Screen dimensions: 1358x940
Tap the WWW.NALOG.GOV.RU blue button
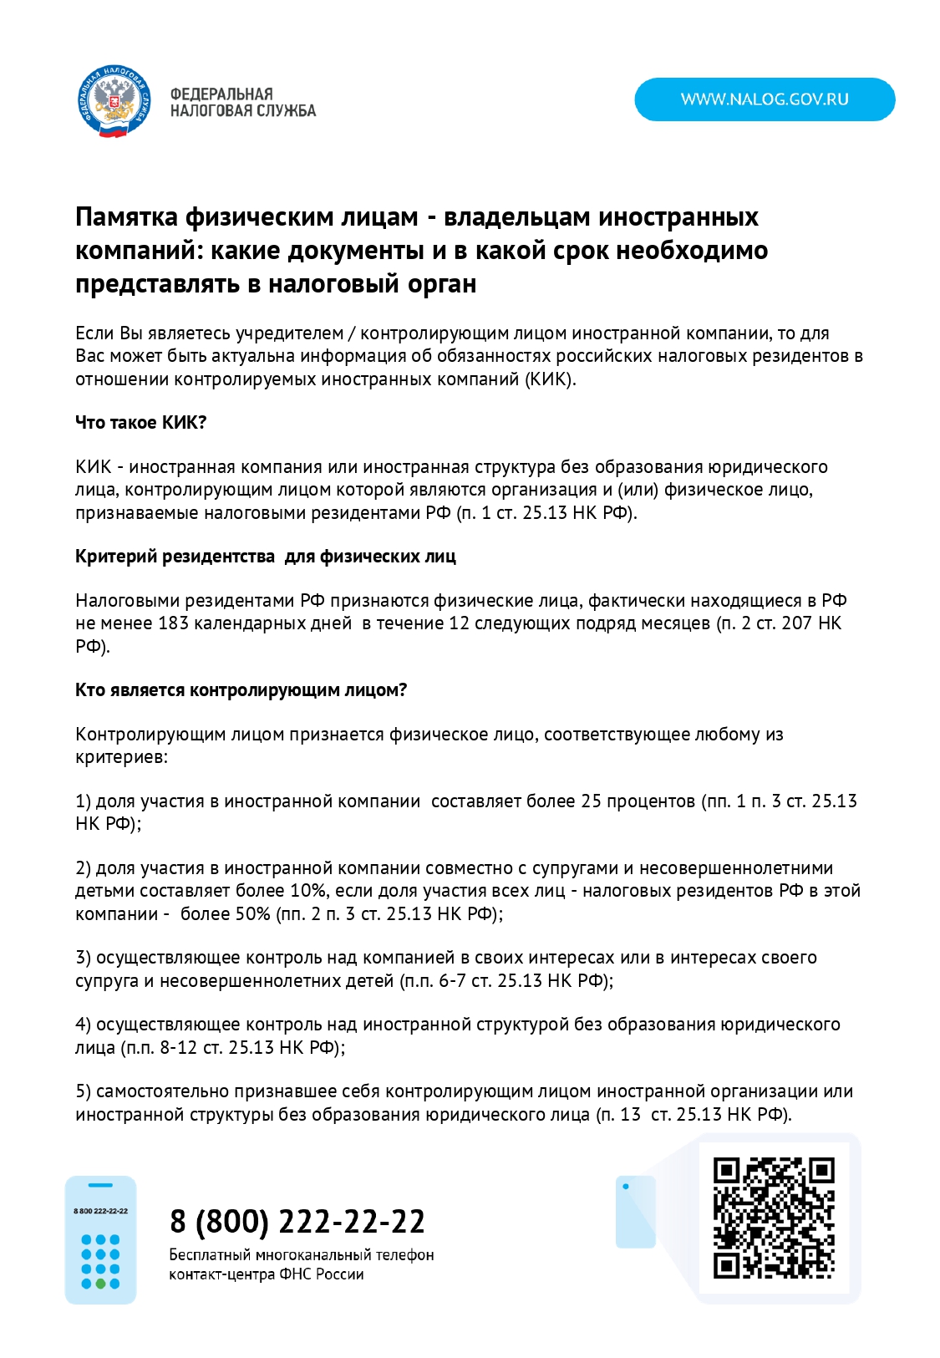765,99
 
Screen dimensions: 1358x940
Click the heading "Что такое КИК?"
140,422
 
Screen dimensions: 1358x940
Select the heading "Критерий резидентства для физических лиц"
265,556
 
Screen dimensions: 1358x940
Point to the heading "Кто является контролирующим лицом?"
241,689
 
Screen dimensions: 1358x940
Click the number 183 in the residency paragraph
172,623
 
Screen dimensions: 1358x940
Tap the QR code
774,1218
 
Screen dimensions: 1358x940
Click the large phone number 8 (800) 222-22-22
297,1221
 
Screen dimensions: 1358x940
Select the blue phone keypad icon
101,1240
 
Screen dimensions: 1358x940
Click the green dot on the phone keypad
101,1283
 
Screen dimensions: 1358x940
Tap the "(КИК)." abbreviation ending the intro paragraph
550,379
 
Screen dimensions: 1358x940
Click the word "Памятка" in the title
126,216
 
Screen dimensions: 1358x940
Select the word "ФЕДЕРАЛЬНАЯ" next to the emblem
221,94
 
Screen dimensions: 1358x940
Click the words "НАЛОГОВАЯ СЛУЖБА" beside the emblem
242,110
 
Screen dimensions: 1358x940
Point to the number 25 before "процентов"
591,801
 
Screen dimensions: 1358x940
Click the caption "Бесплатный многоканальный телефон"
301,1254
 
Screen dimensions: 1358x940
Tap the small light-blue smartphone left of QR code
635,1212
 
